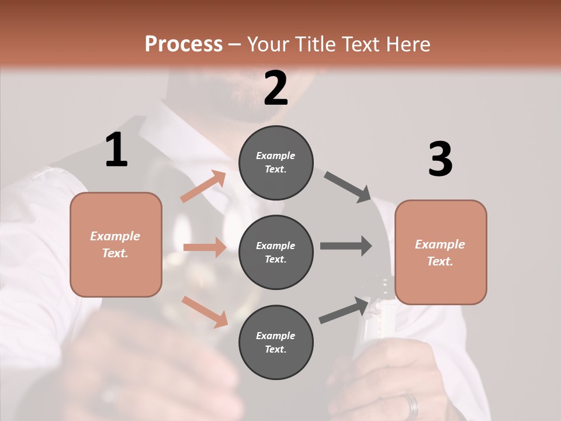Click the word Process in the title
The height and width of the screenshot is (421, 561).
tap(183, 44)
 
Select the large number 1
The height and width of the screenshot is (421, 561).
tap(116, 150)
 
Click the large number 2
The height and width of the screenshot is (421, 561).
tap(276, 88)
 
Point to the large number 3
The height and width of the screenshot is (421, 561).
tap(440, 159)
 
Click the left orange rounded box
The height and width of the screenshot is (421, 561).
tap(116, 244)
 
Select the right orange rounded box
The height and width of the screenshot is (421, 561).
tap(441, 252)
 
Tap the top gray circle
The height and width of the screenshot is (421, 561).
tap(276, 163)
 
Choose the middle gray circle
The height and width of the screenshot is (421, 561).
tap(276, 252)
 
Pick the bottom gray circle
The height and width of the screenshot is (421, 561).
tap(276, 342)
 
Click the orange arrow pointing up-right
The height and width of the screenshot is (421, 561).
tap(203, 187)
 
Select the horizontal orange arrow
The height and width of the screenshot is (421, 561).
tap(205, 247)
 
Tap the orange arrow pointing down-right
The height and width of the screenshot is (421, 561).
tap(205, 312)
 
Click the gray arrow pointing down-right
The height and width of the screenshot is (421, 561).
tap(348, 187)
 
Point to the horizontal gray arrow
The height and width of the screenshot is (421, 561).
tap(346, 246)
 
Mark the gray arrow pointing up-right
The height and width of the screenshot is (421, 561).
tap(345, 310)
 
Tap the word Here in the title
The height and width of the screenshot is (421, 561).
tap(409, 44)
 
